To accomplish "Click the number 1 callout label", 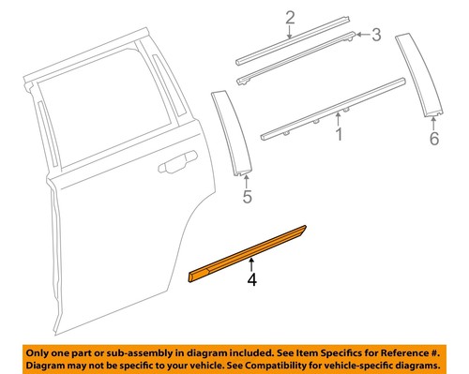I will point(339,138).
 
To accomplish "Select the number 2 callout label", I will point(290,16).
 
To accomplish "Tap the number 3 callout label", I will point(376,36).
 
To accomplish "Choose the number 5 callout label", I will point(248,198).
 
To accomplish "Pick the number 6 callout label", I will point(433,139).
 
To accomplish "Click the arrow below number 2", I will point(290,31).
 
